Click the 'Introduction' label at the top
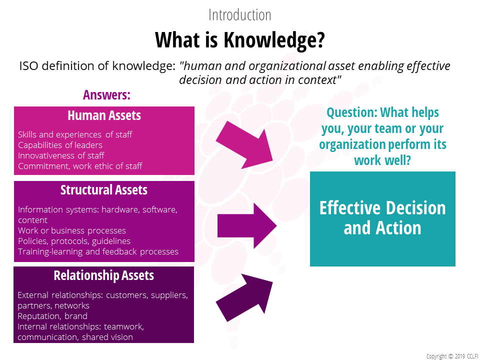coord(239,14)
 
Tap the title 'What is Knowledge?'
coord(239,40)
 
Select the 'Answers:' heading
coord(106,95)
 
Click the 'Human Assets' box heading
coord(104,115)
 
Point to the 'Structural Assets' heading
coord(104,190)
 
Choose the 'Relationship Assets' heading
coord(104,275)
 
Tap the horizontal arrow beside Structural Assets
coord(247,226)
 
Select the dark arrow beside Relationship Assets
coord(244,297)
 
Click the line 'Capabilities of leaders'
coord(60,145)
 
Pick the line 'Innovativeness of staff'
coord(61,155)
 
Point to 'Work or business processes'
coord(72,230)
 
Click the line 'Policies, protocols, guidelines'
coord(74,241)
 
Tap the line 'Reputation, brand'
coord(52,316)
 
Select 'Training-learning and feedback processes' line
coord(98,251)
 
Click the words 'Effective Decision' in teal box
coord(382,208)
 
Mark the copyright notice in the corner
coord(452,356)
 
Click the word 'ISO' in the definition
coord(29,66)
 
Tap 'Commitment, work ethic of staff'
coord(80,166)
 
